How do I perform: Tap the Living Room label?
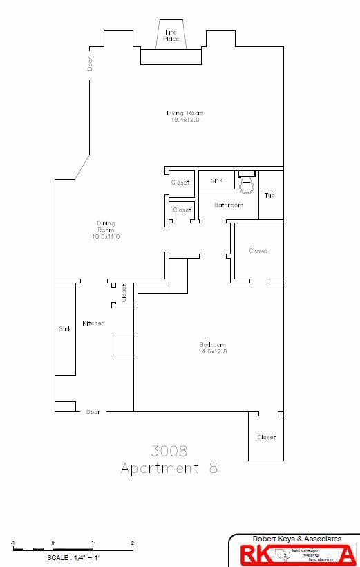pos(185,113)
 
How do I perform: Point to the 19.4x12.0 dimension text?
pos(185,120)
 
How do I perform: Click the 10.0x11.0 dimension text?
pos(106,236)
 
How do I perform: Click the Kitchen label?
pos(93,324)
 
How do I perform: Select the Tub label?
pos(269,196)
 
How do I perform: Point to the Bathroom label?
pos(228,205)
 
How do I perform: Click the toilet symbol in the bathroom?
pos(246,183)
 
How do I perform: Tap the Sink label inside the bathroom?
pos(216,180)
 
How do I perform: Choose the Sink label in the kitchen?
pos(65,329)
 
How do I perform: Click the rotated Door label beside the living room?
pos(90,64)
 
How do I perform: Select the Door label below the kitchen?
pos(93,412)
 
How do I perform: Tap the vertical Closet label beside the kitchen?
pos(124,293)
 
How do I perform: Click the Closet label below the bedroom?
pos(266,437)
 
